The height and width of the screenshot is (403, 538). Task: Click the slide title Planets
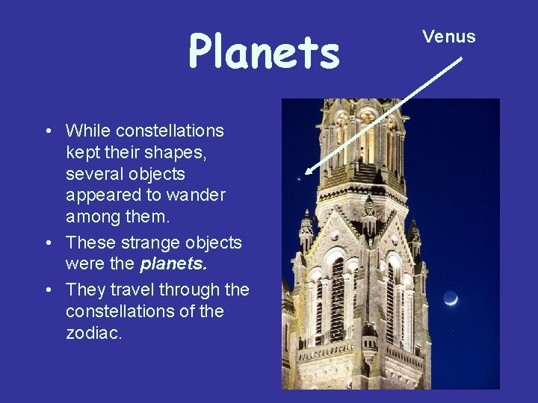(264, 51)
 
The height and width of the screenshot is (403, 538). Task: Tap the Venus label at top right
(448, 37)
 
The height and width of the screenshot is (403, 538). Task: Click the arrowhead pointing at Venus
(309, 171)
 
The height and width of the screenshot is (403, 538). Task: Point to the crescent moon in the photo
(450, 299)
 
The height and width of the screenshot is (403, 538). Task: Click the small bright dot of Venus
(299, 178)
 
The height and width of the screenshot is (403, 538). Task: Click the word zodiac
(93, 333)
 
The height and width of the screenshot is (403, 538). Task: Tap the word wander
(197, 196)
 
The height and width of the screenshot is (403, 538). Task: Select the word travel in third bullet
(130, 290)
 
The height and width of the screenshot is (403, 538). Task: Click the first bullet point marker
(48, 132)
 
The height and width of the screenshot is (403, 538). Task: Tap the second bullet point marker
(48, 243)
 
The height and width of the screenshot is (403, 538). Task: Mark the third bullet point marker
(48, 290)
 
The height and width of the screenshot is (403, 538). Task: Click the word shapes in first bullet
(179, 152)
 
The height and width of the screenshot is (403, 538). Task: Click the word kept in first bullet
(83, 152)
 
